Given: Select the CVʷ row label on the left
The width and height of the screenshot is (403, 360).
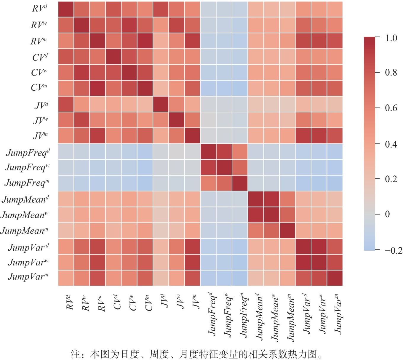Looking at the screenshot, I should pos(39,72).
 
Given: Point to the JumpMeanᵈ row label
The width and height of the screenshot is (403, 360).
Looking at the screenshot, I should pos(25,199).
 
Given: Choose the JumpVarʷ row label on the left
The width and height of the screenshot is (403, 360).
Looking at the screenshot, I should pos(28,262).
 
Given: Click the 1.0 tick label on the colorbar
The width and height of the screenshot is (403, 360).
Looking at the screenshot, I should pos(391,38).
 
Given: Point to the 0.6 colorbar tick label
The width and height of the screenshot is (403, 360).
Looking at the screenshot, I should pos(391,108).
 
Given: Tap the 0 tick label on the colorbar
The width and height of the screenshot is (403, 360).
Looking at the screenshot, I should pos(387,214).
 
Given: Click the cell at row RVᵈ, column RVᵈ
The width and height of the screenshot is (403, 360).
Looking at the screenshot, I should pos(66,9).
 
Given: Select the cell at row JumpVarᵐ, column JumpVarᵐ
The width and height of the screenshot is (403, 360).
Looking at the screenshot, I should pos(335,278).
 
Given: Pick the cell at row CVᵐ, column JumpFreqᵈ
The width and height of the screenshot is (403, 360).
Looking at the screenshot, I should pos(208,88).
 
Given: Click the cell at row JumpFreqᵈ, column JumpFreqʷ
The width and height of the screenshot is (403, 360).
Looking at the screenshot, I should pos(224,151).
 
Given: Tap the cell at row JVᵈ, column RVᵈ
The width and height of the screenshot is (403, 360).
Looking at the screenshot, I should pos(66,104).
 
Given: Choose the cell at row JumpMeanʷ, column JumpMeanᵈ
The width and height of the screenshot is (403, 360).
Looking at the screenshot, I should pos(256,215).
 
